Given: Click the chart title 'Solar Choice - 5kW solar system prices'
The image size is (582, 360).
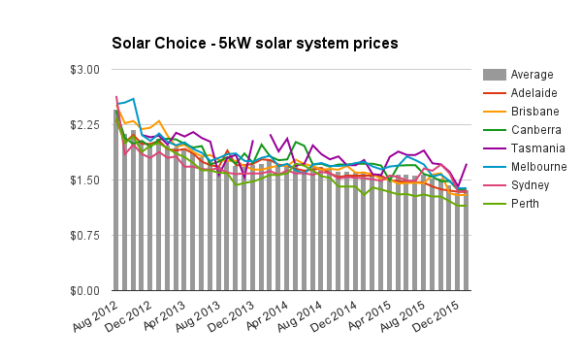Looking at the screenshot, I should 254,44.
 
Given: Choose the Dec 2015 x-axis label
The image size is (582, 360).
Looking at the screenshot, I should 439,315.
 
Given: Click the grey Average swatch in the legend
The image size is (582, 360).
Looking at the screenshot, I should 493,75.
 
